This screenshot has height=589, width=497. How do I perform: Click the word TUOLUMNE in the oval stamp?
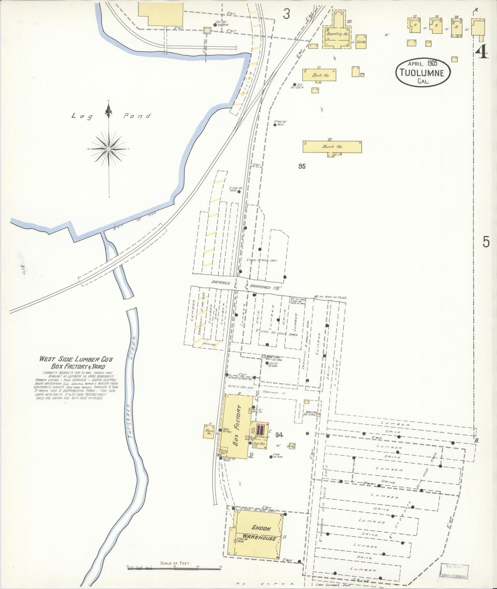423,73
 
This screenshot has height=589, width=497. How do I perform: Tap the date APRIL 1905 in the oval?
422,63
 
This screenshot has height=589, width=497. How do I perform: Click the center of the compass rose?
109,149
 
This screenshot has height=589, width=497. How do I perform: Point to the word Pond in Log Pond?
137,116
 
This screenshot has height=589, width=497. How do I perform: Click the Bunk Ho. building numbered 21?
319,75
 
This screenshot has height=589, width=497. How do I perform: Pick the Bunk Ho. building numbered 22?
332,147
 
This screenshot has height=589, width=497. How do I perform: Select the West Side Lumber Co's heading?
76,359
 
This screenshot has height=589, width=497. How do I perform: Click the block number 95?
302,166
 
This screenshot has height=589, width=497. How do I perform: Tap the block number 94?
279,435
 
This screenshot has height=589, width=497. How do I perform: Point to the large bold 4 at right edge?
482,52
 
